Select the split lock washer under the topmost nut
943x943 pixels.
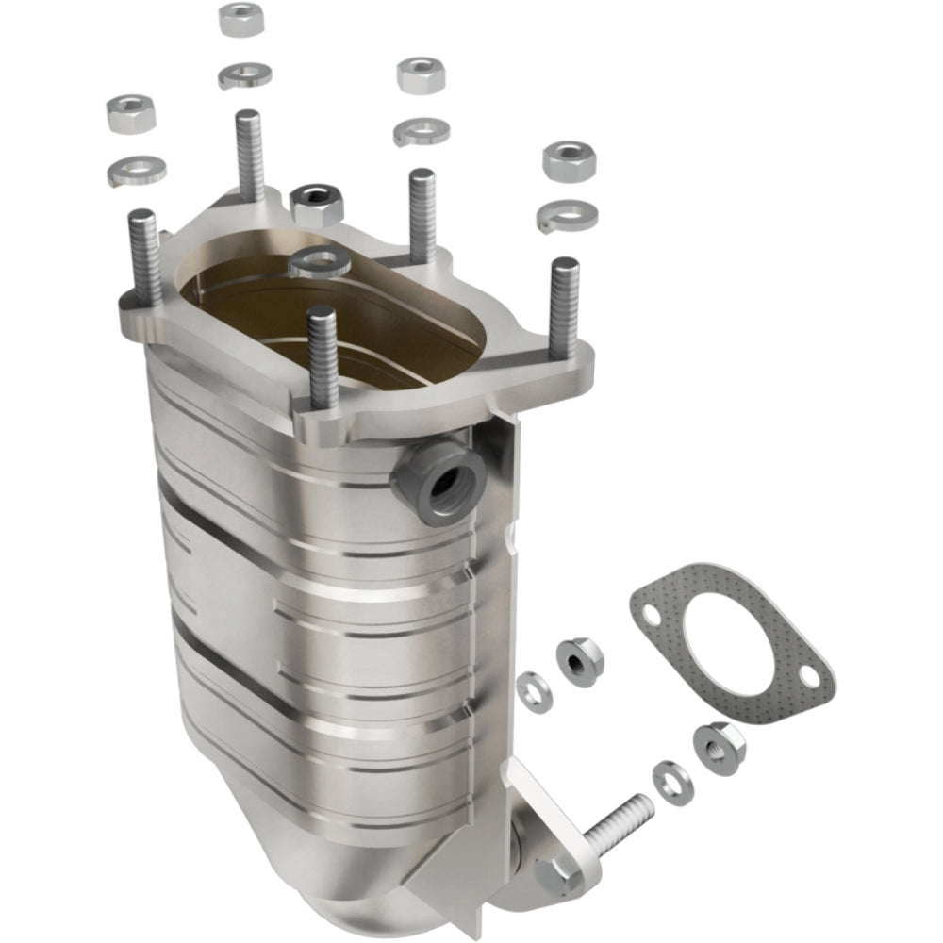pos(244,74)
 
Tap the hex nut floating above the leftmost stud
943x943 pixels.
pos(131,113)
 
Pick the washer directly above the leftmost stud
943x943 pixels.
pos(137,170)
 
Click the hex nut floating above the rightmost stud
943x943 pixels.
pos(569,160)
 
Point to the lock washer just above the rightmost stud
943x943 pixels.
pos(567,216)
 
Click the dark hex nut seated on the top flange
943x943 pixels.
pos(317,203)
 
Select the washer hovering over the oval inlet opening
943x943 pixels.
pos(320,261)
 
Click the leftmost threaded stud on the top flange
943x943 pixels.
pos(142,255)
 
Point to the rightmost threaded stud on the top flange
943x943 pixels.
pos(564,306)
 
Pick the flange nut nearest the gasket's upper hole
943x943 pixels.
pos(580,662)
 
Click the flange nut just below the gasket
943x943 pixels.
pos(720,747)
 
